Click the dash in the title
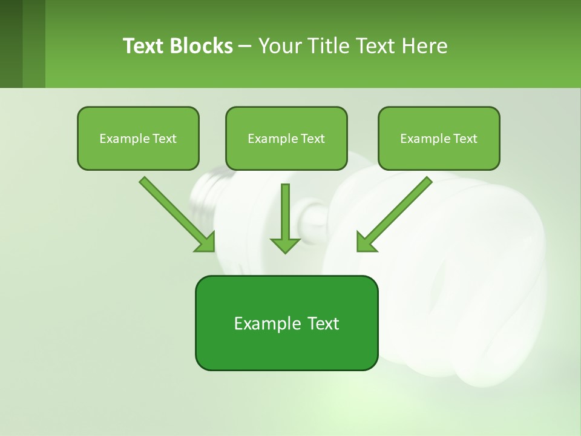point(245,47)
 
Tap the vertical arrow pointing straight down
point(285,212)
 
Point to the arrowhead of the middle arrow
point(285,245)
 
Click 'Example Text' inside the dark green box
point(286,323)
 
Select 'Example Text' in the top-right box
point(439,139)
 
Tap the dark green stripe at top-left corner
point(11,44)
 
